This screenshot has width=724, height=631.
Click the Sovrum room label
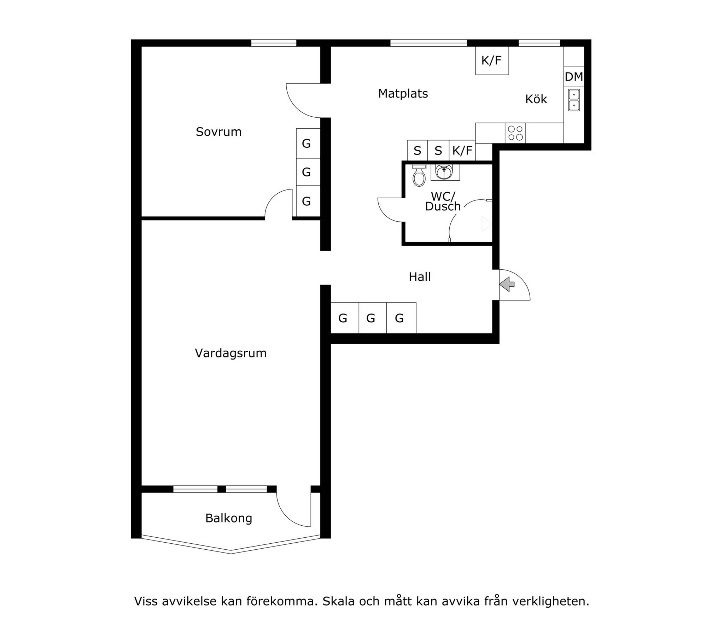click(x=218, y=132)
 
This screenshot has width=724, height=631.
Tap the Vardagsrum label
click(x=230, y=353)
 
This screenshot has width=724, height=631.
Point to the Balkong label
click(x=229, y=518)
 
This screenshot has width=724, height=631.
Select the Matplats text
click(x=403, y=94)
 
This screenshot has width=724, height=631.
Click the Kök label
click(x=536, y=99)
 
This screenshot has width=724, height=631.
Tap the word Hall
click(x=420, y=277)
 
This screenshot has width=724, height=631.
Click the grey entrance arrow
click(x=507, y=284)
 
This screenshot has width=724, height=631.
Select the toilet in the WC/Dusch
click(x=419, y=175)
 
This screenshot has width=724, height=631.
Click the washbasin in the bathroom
click(x=445, y=173)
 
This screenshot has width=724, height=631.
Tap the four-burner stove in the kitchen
click(x=515, y=133)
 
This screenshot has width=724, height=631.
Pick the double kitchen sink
click(x=574, y=100)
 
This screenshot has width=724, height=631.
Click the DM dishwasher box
click(x=574, y=77)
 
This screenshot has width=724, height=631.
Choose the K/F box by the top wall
click(x=492, y=60)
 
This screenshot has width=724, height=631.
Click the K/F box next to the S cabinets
click(x=462, y=151)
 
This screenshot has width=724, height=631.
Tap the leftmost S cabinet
click(x=418, y=151)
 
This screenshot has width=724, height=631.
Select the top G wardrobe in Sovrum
click(x=308, y=143)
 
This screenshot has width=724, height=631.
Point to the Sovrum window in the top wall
click(x=274, y=43)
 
